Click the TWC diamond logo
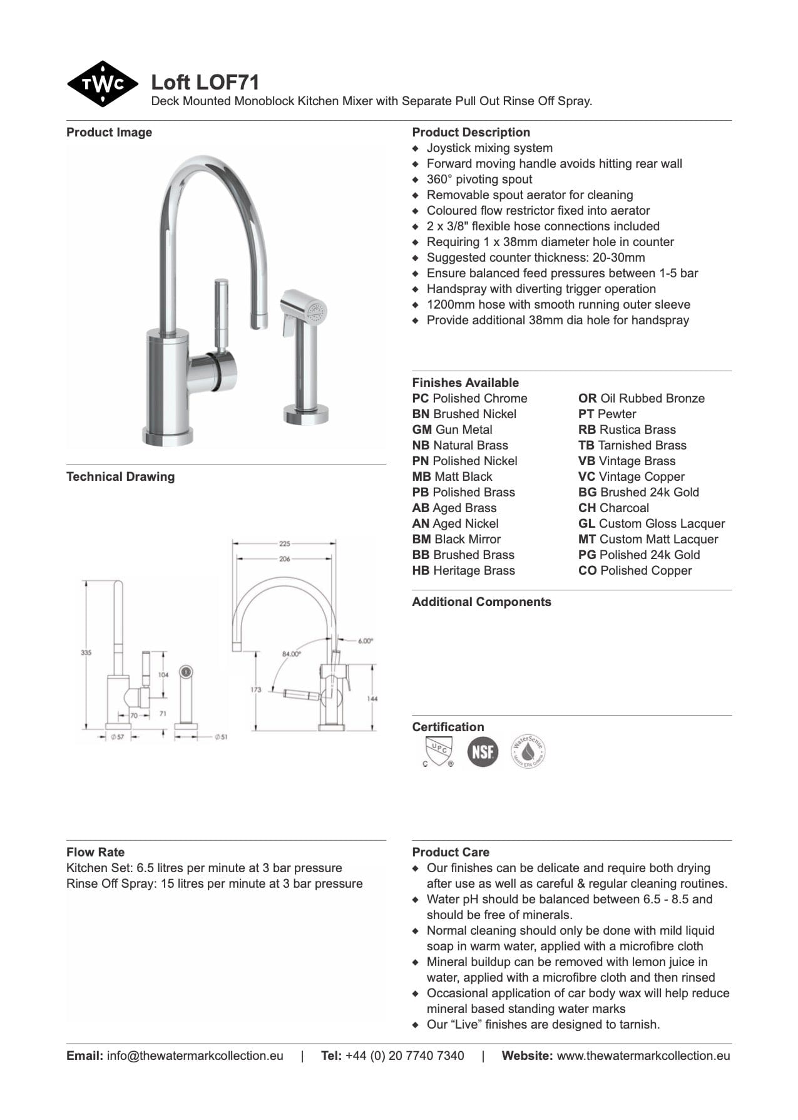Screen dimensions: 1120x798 click(x=102, y=84)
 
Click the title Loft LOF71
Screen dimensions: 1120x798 click(x=205, y=83)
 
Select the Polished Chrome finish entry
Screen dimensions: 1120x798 click(x=469, y=398)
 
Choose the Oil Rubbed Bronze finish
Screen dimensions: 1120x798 click(x=641, y=398)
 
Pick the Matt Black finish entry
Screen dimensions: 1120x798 click(x=452, y=476)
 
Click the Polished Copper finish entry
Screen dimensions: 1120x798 click(x=635, y=570)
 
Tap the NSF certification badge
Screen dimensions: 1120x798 click(x=483, y=751)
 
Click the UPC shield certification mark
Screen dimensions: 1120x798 click(x=437, y=751)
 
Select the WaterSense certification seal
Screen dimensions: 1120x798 click(x=528, y=751)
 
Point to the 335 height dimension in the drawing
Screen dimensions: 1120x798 click(x=86, y=652)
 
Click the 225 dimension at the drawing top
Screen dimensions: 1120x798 click(x=285, y=543)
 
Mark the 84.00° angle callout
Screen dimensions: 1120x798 click(x=291, y=654)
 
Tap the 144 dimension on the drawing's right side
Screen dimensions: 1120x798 click(x=372, y=698)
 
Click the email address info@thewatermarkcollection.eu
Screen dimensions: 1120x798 click(x=195, y=1056)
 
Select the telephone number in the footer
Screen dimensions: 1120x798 click(x=404, y=1056)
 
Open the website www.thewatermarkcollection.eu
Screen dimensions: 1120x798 click(x=643, y=1056)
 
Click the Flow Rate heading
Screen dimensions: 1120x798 click(x=95, y=852)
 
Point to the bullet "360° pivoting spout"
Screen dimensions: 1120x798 click(x=479, y=179)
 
